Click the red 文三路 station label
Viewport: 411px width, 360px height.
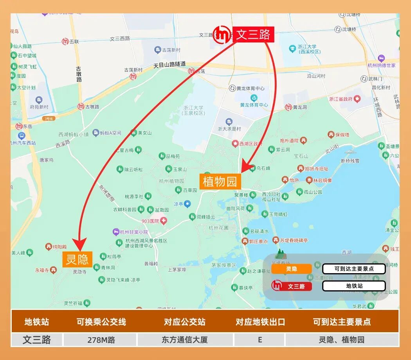coord(253,34)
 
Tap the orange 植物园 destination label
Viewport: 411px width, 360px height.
coord(220,182)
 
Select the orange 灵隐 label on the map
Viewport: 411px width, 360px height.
coord(77,259)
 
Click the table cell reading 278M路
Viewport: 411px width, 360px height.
coord(101,340)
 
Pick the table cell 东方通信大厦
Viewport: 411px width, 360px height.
coord(185,340)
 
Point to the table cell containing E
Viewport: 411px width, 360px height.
coord(260,340)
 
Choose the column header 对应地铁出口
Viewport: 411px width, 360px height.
coord(260,322)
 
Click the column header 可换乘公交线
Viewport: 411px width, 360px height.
coord(101,322)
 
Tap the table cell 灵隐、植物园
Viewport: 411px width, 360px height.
coord(342,340)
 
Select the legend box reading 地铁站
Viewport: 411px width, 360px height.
coord(354,286)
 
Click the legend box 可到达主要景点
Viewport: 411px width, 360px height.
coord(354,269)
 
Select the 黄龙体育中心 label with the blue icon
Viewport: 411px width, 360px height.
coord(254,105)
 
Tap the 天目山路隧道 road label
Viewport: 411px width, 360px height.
coord(169,65)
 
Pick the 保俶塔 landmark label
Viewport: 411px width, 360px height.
coord(339,135)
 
